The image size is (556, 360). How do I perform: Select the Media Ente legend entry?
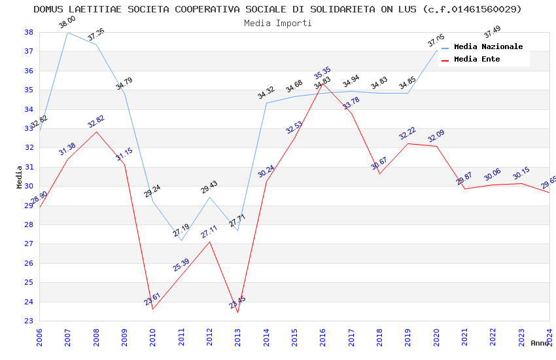pos(477,59)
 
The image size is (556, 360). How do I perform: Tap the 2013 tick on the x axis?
pos(237,336)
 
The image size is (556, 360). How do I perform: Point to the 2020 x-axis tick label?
pos(436,336)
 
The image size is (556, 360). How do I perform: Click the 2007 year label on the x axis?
pos(67,336)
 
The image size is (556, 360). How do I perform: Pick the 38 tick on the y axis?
pos(29,32)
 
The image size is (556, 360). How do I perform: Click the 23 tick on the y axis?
pos(29,321)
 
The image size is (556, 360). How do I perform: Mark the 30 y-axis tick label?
pos(29,186)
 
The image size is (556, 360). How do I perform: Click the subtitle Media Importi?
pos(278,23)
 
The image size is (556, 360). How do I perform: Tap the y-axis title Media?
pos(20,177)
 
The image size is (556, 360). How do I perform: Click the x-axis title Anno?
pos(540,343)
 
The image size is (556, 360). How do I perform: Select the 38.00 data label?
pos(67,23)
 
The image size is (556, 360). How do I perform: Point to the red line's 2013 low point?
pos(237,312)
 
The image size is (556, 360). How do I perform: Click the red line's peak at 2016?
pos(322,84)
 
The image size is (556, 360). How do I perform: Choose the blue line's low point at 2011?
pos(181,240)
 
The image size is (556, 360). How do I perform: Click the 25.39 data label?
pos(181,265)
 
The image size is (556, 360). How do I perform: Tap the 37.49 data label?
pos(492,32)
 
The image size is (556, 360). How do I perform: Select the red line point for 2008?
pos(96,132)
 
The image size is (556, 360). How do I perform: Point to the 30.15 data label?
pos(521,173)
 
